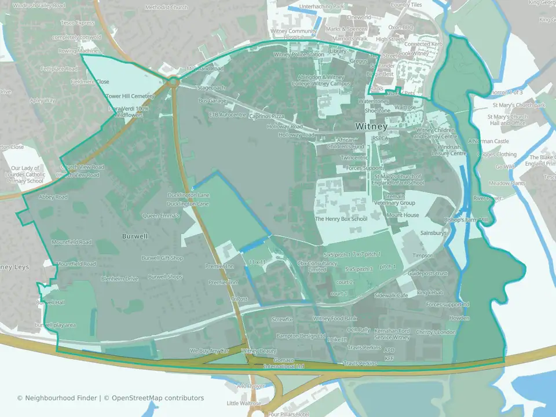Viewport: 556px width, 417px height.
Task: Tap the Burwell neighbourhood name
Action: pyautogui.click(x=135, y=236)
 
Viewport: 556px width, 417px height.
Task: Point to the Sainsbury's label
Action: pyautogui.click(x=433, y=233)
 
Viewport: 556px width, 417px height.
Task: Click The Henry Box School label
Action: pyautogui.click(x=341, y=220)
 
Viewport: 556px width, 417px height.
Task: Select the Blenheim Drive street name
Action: pyautogui.click(x=120, y=279)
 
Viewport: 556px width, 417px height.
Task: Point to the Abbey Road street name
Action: pyautogui.click(x=53, y=197)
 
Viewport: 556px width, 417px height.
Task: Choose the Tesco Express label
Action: pyautogui.click(x=77, y=23)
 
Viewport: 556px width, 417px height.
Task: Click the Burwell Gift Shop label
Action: pyautogui.click(x=162, y=258)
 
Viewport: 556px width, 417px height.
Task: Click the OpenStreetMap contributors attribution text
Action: pyautogui.click(x=158, y=398)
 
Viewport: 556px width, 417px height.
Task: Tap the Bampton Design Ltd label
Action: pyautogui.click(x=301, y=336)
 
